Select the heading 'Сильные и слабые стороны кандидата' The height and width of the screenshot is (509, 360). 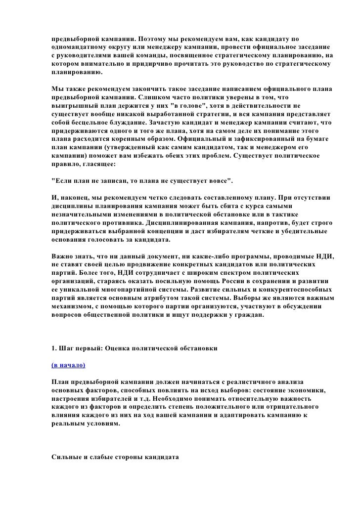pyautogui.click(x=114, y=457)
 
